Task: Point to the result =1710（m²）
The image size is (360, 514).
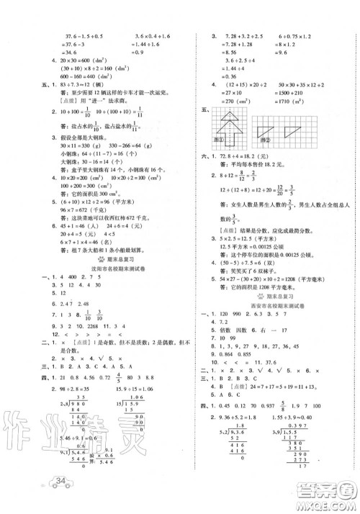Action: point(308,94)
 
